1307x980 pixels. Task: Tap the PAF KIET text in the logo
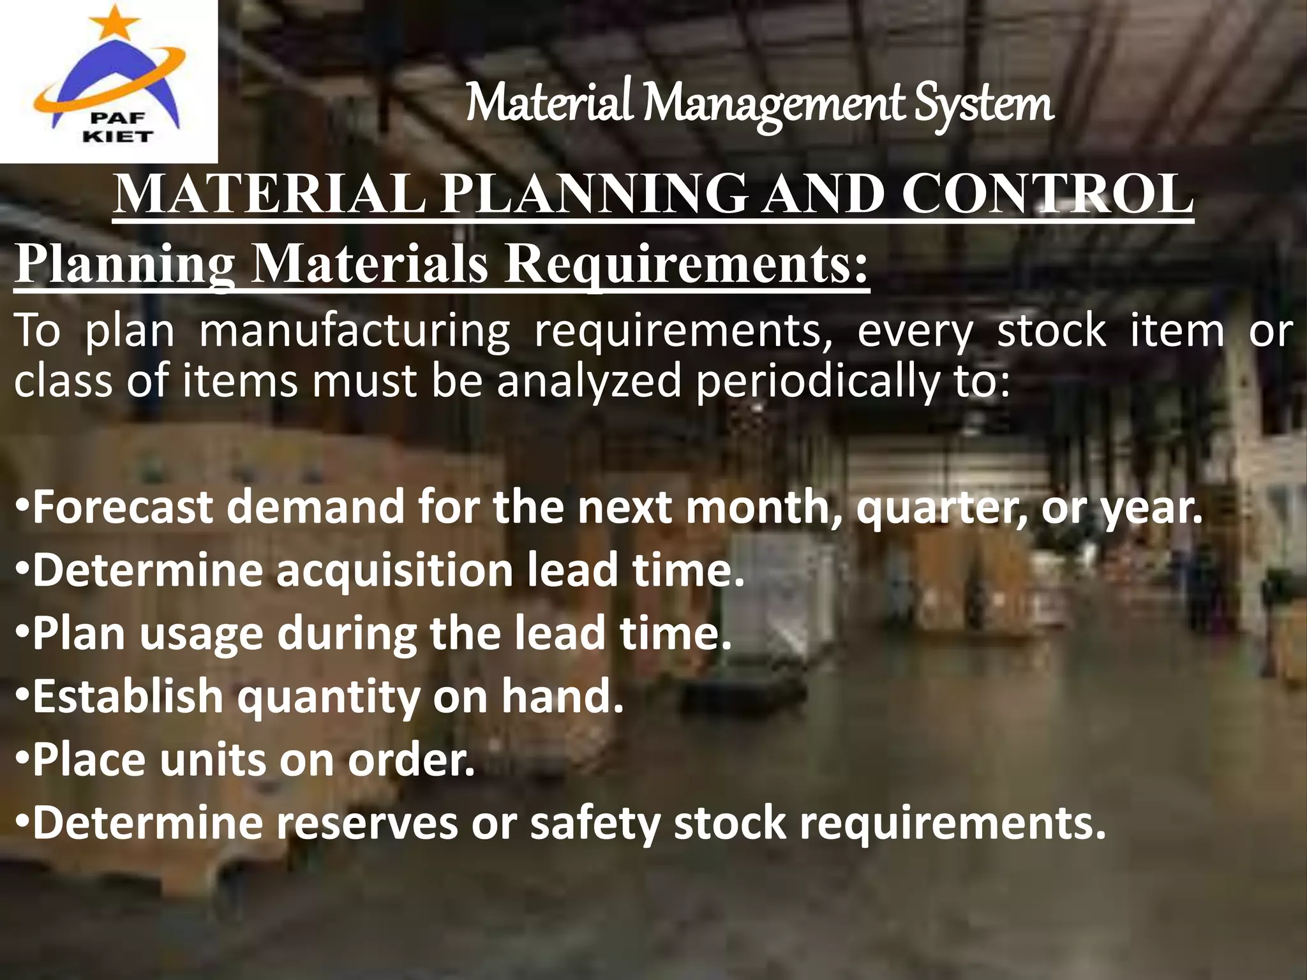click(x=117, y=127)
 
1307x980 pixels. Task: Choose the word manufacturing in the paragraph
click(x=355, y=332)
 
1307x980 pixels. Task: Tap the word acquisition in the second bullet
click(x=394, y=570)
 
